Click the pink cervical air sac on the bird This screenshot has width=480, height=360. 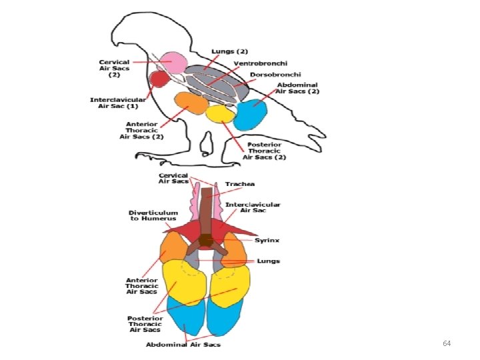point(173,63)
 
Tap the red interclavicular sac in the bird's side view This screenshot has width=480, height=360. point(159,80)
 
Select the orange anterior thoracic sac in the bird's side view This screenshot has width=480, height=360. point(191,104)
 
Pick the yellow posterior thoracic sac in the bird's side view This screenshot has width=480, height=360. point(219,114)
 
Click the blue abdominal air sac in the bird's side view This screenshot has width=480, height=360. point(251,115)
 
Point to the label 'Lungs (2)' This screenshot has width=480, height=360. point(230,51)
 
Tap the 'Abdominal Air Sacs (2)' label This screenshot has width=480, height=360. point(298,89)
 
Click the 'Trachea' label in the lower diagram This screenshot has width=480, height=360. point(240,184)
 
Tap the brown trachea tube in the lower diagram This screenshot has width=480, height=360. point(207,207)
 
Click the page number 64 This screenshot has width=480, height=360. point(447,343)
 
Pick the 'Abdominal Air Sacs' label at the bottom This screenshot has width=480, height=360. point(183,345)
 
